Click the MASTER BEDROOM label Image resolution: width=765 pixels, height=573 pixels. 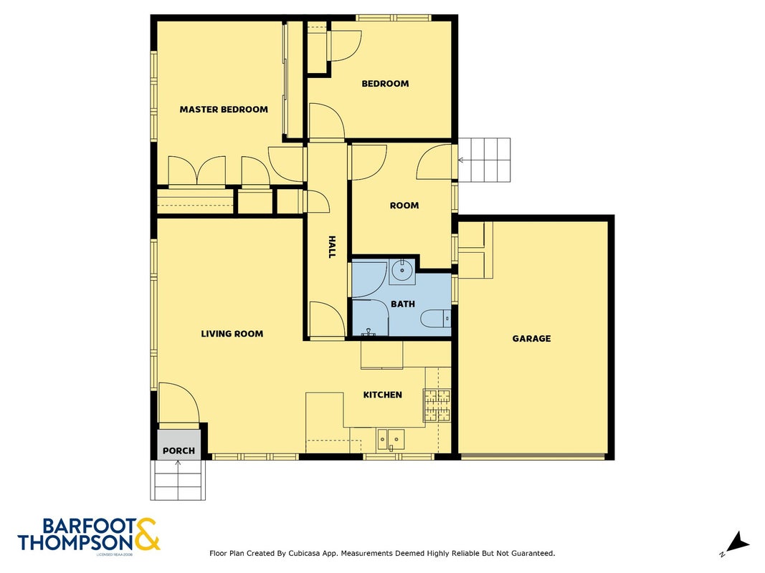click(x=224, y=110)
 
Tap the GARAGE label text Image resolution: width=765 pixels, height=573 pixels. click(x=531, y=339)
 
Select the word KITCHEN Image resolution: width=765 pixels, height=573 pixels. click(x=383, y=395)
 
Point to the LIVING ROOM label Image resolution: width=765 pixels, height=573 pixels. click(x=232, y=334)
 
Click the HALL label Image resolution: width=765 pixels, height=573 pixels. click(x=332, y=247)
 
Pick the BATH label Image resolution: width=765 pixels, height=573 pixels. click(x=403, y=304)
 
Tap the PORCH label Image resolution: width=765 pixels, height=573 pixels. click(x=179, y=451)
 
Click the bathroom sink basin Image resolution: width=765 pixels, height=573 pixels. click(x=402, y=271)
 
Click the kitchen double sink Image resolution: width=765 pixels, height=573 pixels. click(x=391, y=439)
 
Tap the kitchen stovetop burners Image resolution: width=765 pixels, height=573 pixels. click(x=437, y=405)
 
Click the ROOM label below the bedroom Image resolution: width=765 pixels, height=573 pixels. click(x=404, y=206)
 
